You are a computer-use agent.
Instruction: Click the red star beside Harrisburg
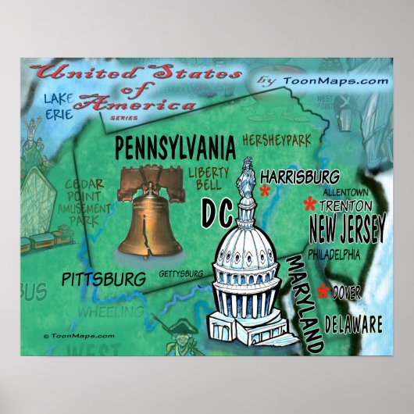(x=265, y=192)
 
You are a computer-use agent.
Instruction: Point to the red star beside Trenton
(x=309, y=205)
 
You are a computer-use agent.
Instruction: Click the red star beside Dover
(x=323, y=293)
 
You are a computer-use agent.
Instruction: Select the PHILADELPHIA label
(x=334, y=255)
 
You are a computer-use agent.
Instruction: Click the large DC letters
(x=219, y=210)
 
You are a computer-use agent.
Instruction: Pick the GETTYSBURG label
(x=181, y=273)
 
